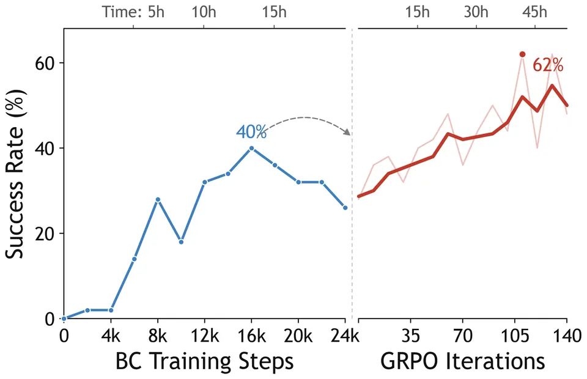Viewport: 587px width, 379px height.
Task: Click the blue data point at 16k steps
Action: pos(251,148)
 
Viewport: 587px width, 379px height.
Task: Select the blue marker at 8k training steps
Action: pos(158,199)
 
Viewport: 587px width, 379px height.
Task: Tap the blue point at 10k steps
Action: pos(181,242)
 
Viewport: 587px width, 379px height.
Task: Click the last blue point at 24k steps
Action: pos(345,208)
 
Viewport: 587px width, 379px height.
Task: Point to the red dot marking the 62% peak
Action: pos(523,54)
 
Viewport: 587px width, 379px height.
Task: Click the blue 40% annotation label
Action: pos(251,131)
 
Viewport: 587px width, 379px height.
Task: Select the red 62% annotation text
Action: pos(548,65)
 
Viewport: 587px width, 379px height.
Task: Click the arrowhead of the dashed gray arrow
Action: pos(348,132)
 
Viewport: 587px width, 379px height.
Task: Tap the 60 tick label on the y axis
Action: pos(45,63)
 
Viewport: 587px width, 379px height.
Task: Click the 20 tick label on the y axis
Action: pos(45,234)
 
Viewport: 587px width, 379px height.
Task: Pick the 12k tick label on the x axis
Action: pos(205,336)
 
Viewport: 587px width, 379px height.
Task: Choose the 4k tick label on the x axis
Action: pos(111,336)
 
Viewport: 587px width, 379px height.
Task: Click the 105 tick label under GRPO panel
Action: pos(515,336)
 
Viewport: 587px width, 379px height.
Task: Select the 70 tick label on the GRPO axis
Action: pos(463,336)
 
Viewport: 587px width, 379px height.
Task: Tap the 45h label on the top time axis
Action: pos(534,12)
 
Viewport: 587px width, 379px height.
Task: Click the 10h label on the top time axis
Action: pos(204,12)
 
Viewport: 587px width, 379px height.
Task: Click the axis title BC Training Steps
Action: pos(204,362)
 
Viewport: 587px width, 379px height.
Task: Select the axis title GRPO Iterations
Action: pos(463,361)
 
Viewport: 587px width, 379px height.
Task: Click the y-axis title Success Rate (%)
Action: pos(15,174)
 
